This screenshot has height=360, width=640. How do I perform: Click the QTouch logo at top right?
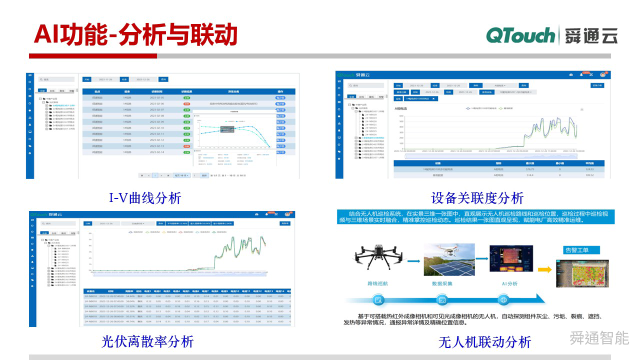coord(520,36)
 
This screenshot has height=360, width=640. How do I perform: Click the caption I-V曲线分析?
coord(145,198)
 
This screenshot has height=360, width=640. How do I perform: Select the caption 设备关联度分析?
coord(477,197)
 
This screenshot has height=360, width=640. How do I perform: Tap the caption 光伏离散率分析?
coord(147,341)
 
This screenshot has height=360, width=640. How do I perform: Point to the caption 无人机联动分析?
coord(484,342)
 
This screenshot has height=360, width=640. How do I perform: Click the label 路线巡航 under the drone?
coord(379,283)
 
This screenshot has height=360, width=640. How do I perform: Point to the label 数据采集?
coord(442,283)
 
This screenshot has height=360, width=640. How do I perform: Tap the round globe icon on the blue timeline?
coord(504,300)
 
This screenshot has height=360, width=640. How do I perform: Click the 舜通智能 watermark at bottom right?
coord(599,338)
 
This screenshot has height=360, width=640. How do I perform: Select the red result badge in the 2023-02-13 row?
coord(186,146)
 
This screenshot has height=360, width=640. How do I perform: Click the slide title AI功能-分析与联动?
coord(135,35)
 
